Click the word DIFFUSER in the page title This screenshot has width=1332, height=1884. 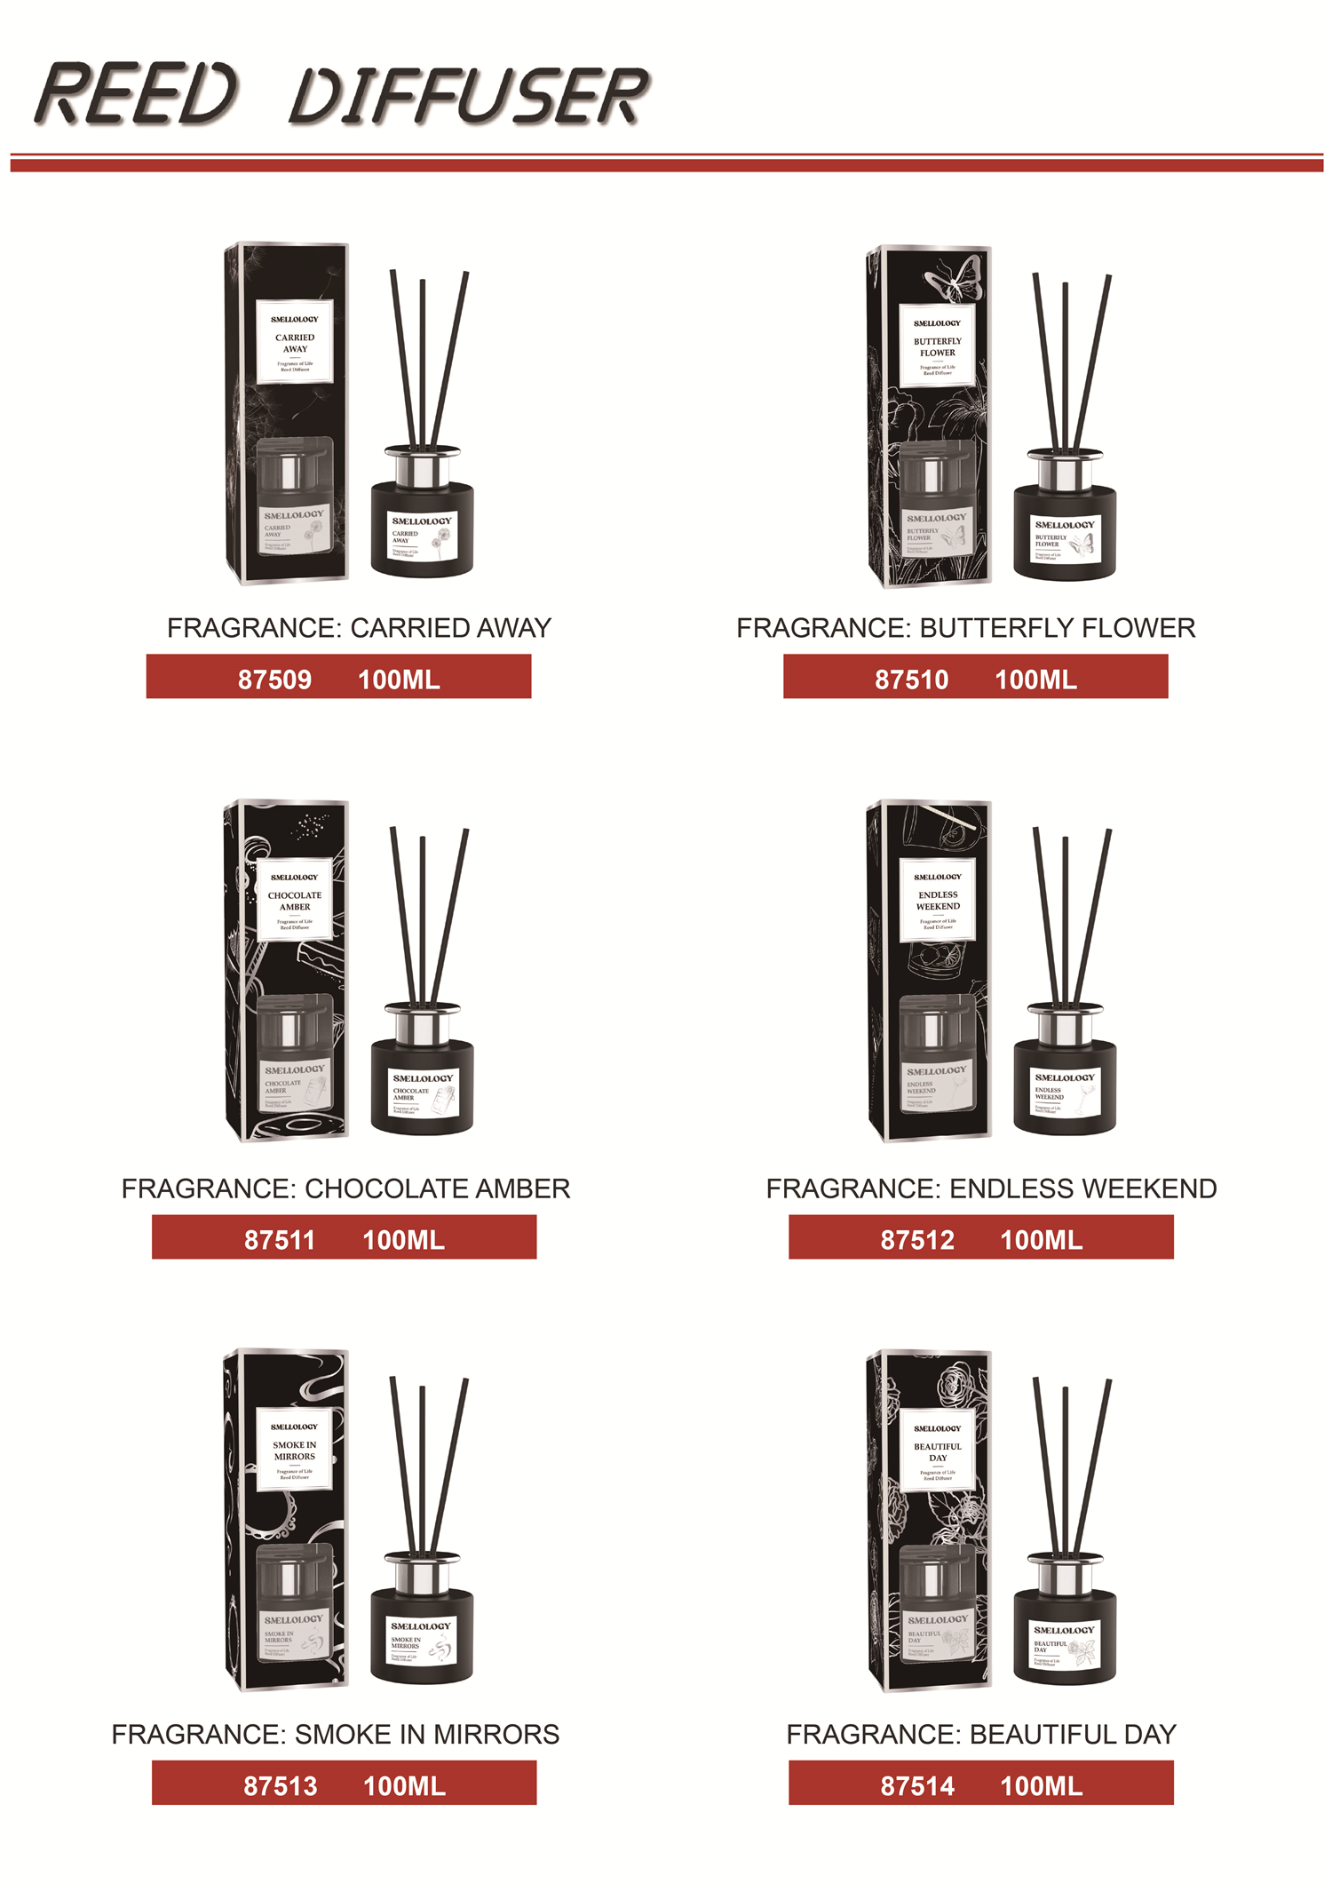click(469, 95)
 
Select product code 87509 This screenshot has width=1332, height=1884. click(274, 680)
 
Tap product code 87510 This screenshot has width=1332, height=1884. click(911, 680)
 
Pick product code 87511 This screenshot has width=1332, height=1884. click(280, 1240)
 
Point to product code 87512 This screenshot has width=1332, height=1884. click(917, 1240)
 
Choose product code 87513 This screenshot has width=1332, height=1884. click(281, 1785)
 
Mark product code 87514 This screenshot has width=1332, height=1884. click(917, 1785)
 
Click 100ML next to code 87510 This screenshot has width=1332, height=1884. click(1035, 680)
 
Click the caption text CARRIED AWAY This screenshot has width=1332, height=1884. click(450, 628)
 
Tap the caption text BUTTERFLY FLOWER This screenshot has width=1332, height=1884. click(1057, 628)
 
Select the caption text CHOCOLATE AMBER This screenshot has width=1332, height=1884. click(437, 1188)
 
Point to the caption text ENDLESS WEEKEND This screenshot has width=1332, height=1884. click(1082, 1188)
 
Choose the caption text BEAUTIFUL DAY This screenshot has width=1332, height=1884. click(1072, 1734)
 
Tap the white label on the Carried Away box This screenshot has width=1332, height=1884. click(295, 342)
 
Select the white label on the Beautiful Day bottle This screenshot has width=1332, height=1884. click(1065, 1646)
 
